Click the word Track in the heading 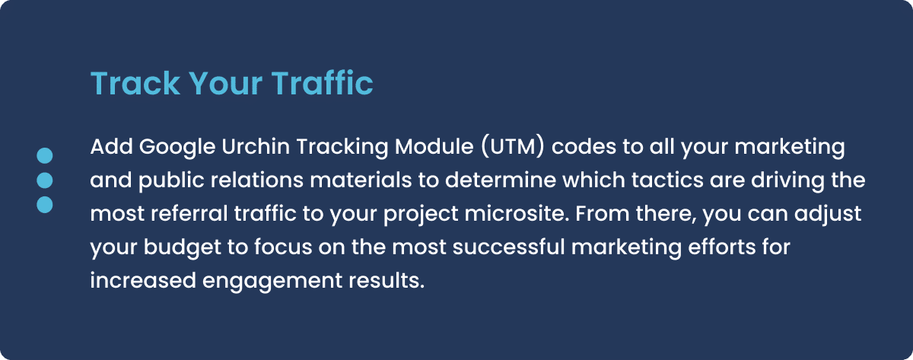[135, 84]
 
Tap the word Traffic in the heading [322, 83]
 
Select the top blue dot [45, 156]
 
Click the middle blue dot [45, 180]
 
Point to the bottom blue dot [45, 205]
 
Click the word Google [177, 148]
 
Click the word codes [584, 146]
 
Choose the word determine [501, 180]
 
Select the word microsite [517, 214]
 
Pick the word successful [509, 247]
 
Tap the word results [387, 281]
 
